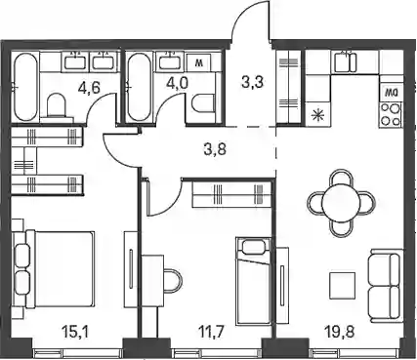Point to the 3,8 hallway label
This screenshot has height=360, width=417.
(x=218, y=150)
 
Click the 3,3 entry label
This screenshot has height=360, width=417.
(x=252, y=82)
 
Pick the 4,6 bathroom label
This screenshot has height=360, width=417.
(x=89, y=88)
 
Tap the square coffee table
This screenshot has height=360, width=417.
(x=342, y=286)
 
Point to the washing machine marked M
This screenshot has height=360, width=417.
(x=198, y=62)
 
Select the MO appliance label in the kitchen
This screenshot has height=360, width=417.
(x=390, y=93)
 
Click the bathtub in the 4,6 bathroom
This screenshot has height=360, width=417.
(x=25, y=87)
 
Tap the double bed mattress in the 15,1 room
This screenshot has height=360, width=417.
(x=64, y=268)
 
